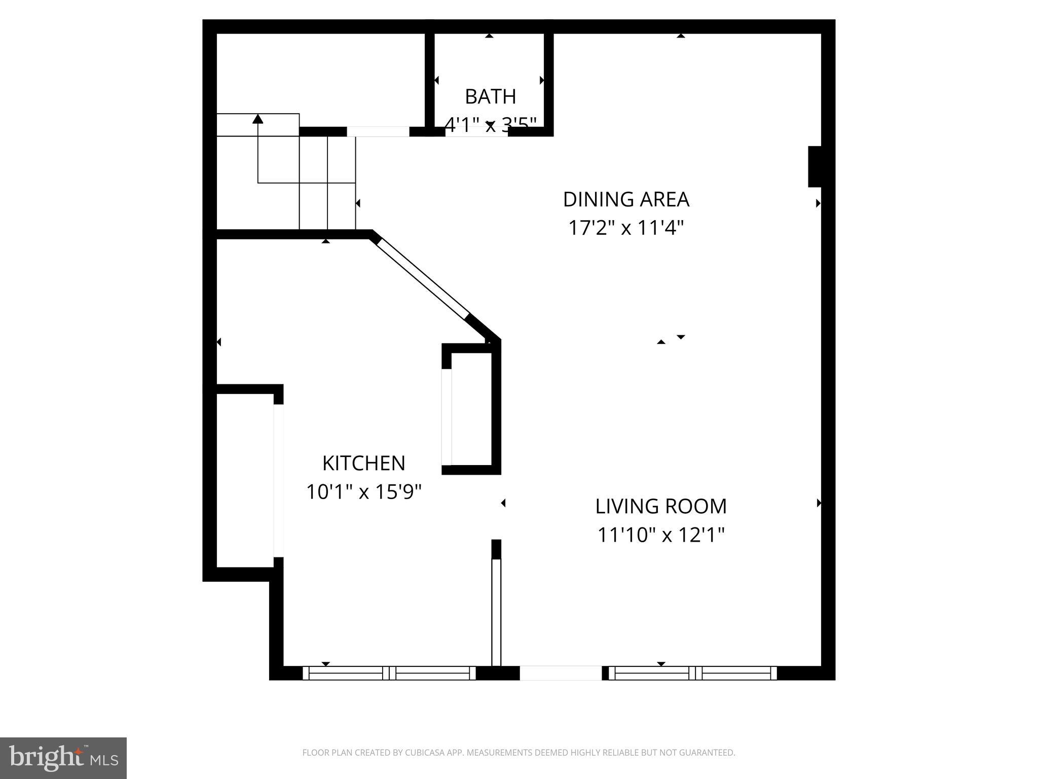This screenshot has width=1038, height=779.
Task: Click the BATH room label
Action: point(490,96)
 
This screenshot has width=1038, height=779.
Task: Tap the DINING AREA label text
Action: point(626,199)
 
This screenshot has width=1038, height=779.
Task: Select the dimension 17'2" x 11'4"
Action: point(626,228)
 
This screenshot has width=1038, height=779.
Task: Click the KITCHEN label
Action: point(363,463)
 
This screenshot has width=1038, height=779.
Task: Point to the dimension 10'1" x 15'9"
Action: point(363,491)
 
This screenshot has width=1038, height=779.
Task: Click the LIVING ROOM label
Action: point(660,506)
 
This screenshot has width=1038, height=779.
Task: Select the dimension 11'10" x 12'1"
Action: point(660,535)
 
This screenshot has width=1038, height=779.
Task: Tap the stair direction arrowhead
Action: point(258,119)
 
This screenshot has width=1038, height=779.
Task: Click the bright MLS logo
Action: point(63,758)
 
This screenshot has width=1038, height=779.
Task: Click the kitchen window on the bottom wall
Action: point(389,673)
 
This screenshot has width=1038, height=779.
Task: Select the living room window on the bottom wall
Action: point(692,673)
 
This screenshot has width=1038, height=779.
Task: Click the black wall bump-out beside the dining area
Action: point(814,166)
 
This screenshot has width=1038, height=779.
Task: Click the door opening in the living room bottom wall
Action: point(561,673)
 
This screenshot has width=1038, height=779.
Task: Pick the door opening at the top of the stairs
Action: point(378,132)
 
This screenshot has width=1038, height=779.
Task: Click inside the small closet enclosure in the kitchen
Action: point(471,408)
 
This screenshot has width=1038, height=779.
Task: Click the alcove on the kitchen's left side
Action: point(245,479)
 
